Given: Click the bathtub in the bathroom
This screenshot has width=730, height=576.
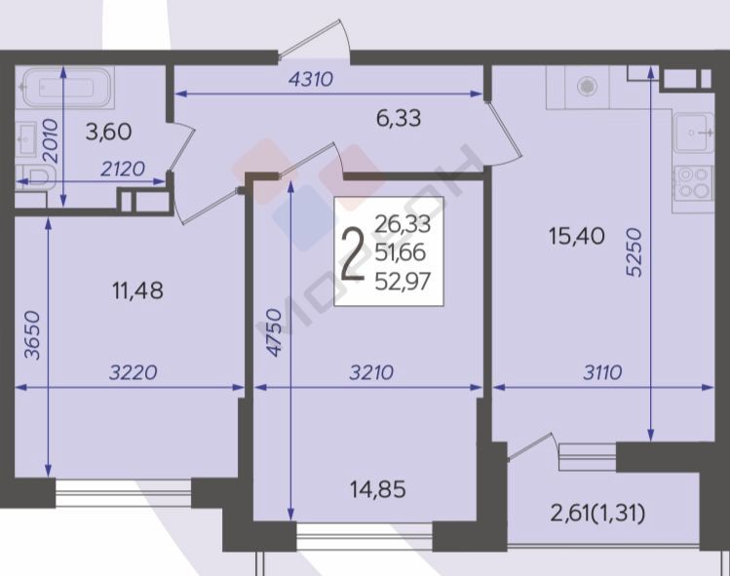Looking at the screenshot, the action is [66, 87].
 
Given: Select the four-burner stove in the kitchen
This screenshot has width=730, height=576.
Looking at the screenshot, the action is [694, 183].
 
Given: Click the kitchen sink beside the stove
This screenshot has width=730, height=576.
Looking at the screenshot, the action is [695, 134].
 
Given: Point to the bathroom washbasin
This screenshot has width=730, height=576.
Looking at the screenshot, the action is [27, 138].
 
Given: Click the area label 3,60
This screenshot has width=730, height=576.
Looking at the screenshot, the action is [109, 132].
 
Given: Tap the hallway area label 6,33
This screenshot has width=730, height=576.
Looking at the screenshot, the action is [399, 118].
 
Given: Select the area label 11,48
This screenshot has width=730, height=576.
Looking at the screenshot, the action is [137, 291].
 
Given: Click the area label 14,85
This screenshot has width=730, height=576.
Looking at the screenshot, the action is [377, 489].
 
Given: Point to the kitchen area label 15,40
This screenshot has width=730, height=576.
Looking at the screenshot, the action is [577, 236].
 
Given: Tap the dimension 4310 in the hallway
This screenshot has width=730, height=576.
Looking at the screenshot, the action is [311, 79].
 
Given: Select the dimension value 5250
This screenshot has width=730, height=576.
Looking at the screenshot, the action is [634, 252].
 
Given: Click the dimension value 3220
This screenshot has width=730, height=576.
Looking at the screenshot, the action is [133, 372].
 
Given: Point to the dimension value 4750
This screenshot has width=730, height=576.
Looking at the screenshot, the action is [274, 333].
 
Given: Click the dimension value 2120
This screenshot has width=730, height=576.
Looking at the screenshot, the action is [123, 169].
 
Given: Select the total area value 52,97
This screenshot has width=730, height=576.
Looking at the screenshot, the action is [403, 281].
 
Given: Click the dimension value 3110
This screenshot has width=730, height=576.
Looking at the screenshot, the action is [602, 372].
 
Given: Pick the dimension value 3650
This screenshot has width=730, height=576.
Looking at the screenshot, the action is [32, 335].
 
